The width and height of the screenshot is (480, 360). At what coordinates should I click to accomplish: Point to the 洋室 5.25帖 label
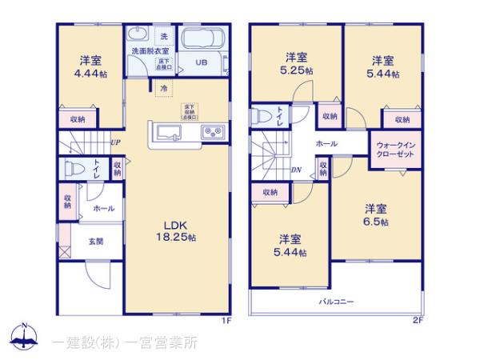[x=296, y=63]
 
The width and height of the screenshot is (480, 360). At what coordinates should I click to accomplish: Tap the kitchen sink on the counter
[x=170, y=132]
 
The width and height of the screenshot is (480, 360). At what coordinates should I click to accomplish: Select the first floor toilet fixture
[x=74, y=169]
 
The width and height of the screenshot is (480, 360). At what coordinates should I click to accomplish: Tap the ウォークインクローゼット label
[x=394, y=150]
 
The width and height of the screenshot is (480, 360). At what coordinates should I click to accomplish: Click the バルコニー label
[x=337, y=302]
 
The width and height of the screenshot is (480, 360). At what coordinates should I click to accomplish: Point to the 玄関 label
[x=94, y=241]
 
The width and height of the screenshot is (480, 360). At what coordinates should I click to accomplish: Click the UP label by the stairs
[x=115, y=144]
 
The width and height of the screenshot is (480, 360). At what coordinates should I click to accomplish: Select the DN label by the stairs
[x=295, y=170]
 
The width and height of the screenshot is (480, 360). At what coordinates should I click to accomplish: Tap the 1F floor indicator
[x=226, y=321]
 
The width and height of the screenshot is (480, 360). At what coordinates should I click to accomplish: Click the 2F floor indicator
[x=417, y=321]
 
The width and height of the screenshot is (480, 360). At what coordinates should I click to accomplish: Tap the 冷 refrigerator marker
[x=164, y=88]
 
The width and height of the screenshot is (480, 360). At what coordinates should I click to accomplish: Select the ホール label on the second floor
[x=326, y=142]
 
